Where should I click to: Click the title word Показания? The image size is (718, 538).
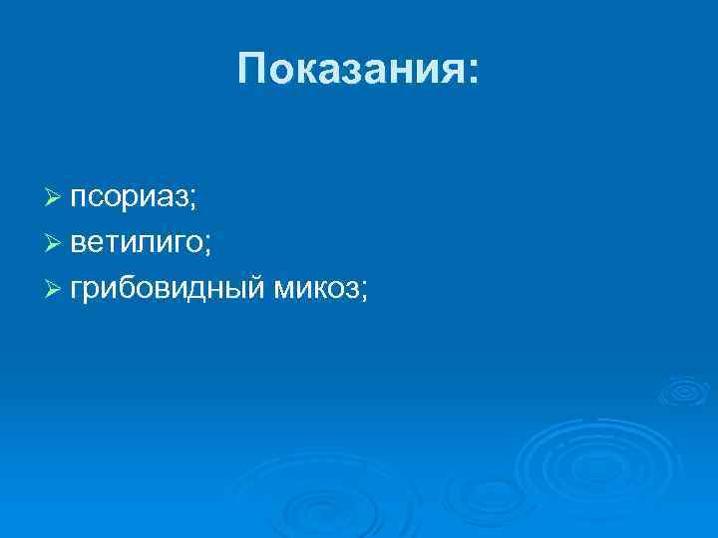point(349,70)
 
